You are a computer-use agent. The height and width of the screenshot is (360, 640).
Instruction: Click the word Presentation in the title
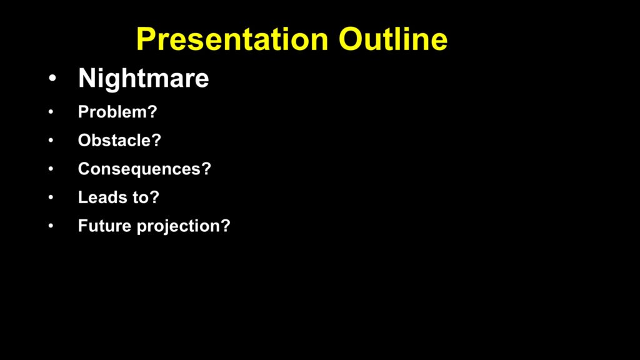point(232,39)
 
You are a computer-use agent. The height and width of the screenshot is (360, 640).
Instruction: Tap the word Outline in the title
point(393,39)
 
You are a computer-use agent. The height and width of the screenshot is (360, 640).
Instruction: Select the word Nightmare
point(143,78)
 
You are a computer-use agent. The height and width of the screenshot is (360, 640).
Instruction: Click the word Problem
point(112,112)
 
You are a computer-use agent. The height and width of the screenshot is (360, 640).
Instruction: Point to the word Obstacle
point(115,141)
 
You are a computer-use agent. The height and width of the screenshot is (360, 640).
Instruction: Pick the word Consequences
point(139,169)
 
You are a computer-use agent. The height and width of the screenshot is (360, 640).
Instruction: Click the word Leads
point(102,197)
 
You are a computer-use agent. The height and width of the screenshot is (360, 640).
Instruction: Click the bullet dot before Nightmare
point(52,78)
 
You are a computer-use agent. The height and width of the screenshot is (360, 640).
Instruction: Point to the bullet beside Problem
point(51,112)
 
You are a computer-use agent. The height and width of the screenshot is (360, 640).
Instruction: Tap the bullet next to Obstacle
point(51,141)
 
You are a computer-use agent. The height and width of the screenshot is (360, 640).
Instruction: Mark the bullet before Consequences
point(51,169)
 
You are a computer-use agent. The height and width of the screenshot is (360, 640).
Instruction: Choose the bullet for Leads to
point(51,197)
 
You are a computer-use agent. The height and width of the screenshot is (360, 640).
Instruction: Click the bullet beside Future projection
point(51,226)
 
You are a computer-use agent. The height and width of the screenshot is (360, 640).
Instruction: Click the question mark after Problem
point(152,112)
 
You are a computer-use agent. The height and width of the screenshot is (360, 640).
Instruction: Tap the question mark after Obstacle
point(157,141)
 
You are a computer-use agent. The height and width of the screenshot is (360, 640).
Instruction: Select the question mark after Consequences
point(206,169)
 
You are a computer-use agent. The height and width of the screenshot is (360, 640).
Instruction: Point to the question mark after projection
point(226,226)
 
